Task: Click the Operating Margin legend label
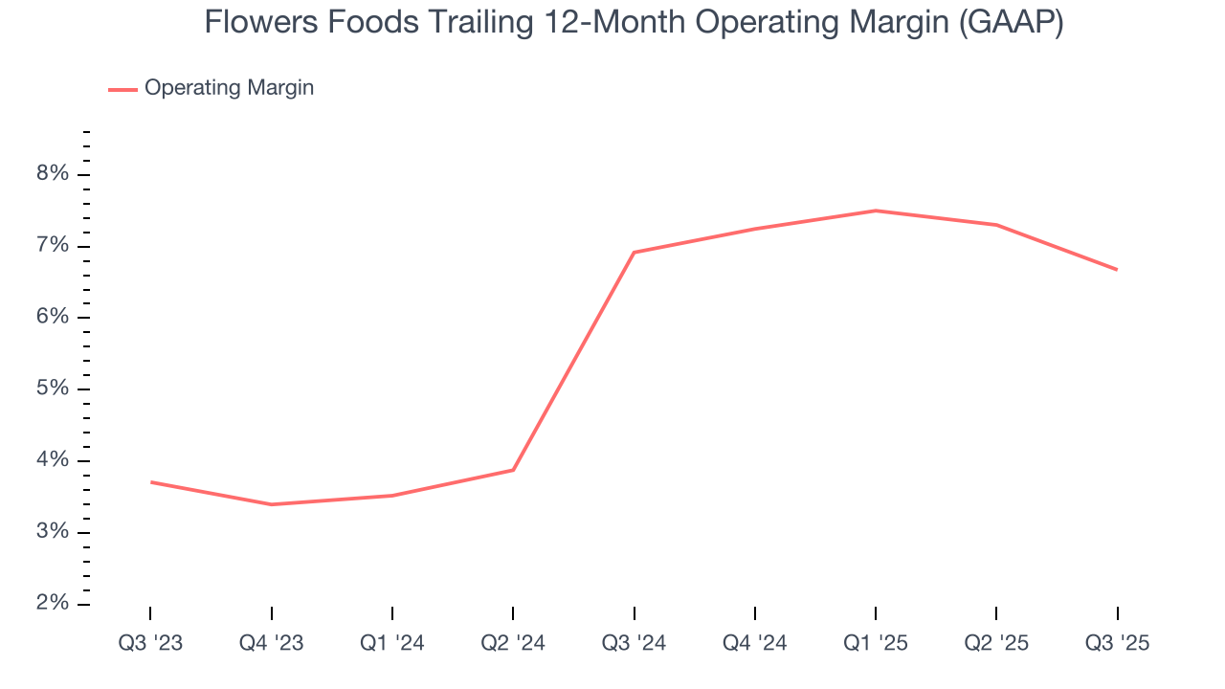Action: pyautogui.click(x=229, y=88)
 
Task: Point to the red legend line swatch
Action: pyautogui.click(x=123, y=89)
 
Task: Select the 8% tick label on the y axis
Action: pyautogui.click(x=53, y=174)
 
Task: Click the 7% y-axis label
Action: pyautogui.click(x=53, y=246)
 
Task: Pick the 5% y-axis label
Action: pyautogui.click(x=53, y=389)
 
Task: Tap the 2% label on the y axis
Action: pyautogui.click(x=53, y=604)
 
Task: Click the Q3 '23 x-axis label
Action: pyautogui.click(x=150, y=643)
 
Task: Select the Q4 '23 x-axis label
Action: pyautogui.click(x=272, y=643)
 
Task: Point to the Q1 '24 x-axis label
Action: pyautogui.click(x=392, y=643)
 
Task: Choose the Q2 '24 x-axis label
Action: pyautogui.click(x=513, y=643)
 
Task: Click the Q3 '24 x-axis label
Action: pyautogui.click(x=634, y=643)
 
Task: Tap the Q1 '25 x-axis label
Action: pyautogui.click(x=876, y=643)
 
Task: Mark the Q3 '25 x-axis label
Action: pyautogui.click(x=1117, y=643)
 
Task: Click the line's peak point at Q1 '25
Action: pyautogui.click(x=876, y=211)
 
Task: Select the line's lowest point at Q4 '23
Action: pyautogui.click(x=272, y=504)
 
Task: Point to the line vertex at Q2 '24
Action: pyautogui.click(x=513, y=470)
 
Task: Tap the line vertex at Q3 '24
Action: pyautogui.click(x=634, y=253)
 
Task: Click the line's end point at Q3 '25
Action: pyautogui.click(x=1117, y=270)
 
